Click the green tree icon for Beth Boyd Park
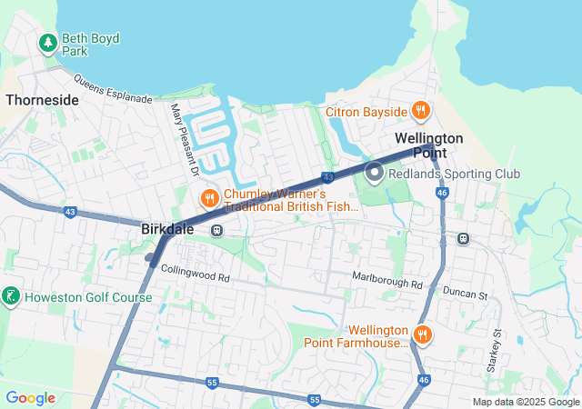47,42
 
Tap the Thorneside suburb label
42,100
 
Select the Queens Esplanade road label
114,89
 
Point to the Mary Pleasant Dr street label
184,139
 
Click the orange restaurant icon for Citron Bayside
420,111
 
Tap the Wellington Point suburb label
429,145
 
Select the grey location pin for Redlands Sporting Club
374,171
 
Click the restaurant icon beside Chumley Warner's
208,197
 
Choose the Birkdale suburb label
167,230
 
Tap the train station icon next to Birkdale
216,230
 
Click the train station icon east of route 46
463,239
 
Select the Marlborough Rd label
388,284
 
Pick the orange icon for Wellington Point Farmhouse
421,335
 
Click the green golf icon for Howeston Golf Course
11,296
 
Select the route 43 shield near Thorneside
70,212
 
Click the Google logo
30,397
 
